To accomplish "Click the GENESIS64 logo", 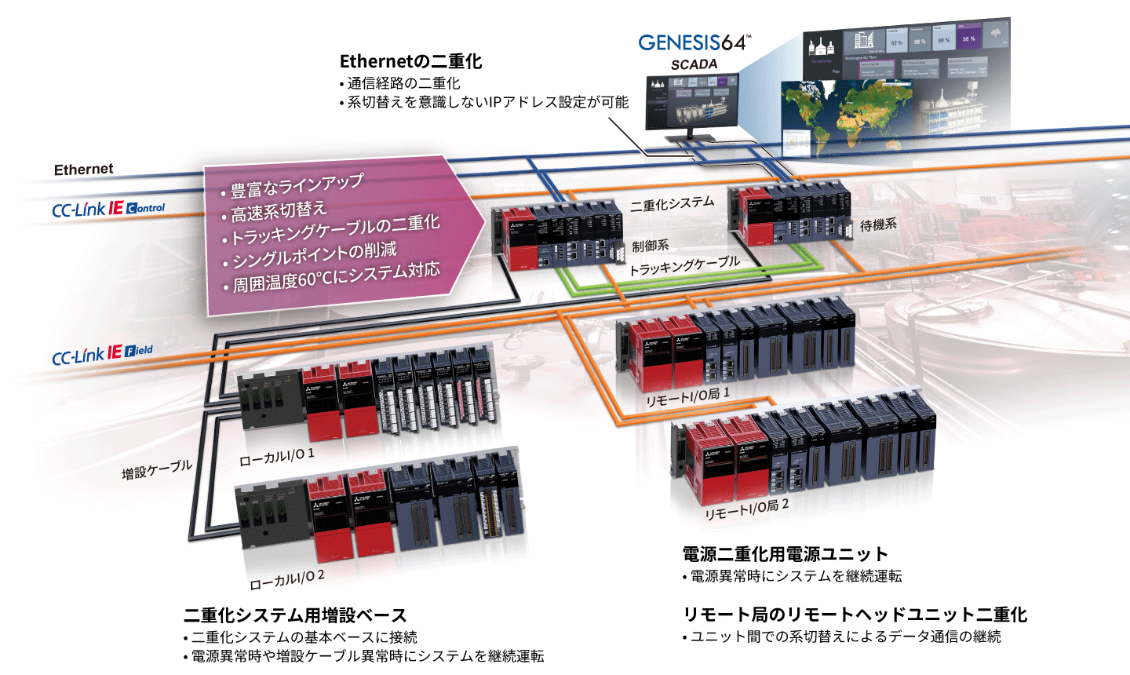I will coord(694,42).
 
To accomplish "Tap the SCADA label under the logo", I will coord(694,64).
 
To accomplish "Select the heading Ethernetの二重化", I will coord(410,61).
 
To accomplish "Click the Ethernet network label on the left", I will coord(83,170).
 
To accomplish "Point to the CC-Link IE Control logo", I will coord(108,209).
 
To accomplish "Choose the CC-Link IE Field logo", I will coord(102,355).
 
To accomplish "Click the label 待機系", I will coord(878,225).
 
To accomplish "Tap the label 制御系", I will coord(651,246).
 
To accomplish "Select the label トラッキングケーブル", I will coord(684,265).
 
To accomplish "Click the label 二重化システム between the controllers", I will coord(673,204).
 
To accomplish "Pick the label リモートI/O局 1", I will coord(687,397).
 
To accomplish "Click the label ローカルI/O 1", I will coord(277,457).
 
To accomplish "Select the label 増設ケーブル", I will coord(157,470).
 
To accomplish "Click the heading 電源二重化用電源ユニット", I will coord(785,554).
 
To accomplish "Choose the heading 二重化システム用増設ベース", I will coord(295,615).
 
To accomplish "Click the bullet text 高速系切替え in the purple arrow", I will coord(279,212).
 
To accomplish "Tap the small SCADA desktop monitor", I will coord(691,102).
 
